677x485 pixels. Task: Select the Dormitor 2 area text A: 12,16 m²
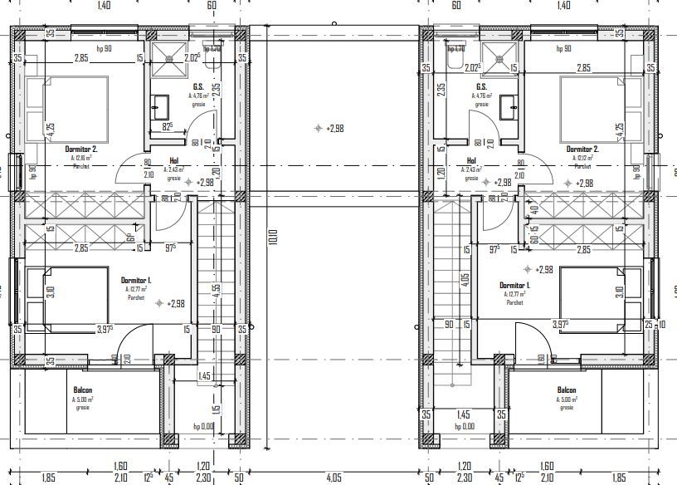(x=81, y=158)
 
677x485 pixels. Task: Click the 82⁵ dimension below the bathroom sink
(x=167, y=126)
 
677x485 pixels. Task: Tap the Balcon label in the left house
(x=82, y=390)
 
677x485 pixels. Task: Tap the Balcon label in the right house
(x=567, y=390)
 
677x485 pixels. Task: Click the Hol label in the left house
(x=174, y=162)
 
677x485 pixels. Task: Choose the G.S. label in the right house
(x=481, y=86)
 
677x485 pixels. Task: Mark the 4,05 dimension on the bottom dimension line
(x=334, y=478)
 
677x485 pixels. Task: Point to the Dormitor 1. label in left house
(x=135, y=281)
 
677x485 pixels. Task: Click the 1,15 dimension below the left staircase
(x=216, y=409)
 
